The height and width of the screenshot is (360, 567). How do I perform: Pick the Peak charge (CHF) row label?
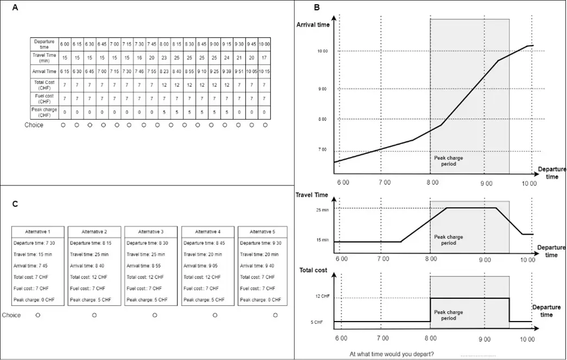tap(44, 112)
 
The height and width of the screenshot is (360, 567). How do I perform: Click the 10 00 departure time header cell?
tap(265, 43)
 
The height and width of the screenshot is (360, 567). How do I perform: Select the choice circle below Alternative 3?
tap(155, 314)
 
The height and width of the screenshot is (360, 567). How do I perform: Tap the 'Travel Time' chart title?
tap(313, 195)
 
